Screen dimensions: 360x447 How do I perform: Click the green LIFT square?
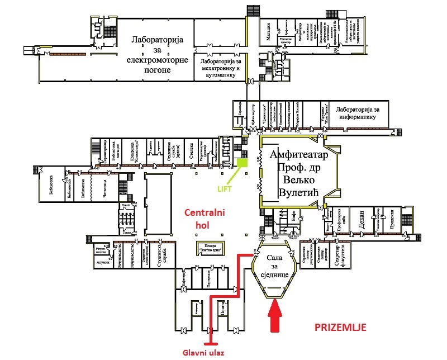242,163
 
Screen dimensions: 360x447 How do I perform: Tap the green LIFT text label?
226,189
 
